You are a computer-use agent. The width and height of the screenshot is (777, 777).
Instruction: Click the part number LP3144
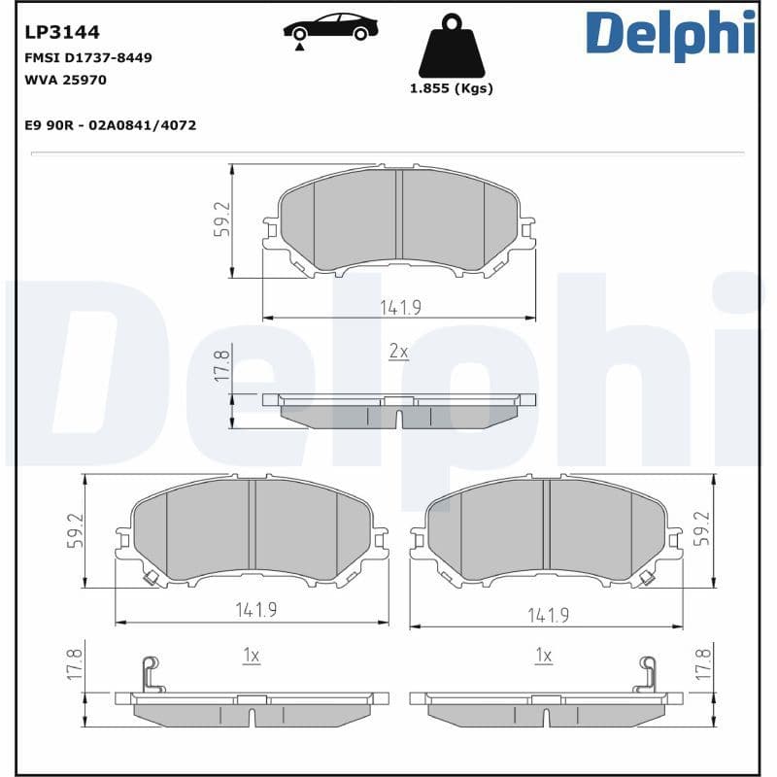[x=61, y=34]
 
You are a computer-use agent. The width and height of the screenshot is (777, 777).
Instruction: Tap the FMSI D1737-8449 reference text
[x=87, y=58]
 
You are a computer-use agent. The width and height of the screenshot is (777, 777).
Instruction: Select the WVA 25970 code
[x=65, y=81]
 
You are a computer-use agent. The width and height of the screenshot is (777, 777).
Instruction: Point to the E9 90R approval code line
[x=110, y=125]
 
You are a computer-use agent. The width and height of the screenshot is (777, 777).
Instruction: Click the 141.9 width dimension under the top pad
[x=399, y=307]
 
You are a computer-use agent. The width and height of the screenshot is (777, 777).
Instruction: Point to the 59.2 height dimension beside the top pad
[x=222, y=219]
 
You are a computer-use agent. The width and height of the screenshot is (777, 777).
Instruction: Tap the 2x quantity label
[x=398, y=352]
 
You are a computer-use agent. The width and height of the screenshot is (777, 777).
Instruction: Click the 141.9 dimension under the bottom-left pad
[x=255, y=610]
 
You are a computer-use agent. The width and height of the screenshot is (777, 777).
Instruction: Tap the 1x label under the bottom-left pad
[x=251, y=657]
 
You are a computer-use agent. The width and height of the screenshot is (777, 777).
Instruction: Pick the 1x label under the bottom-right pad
[x=544, y=657]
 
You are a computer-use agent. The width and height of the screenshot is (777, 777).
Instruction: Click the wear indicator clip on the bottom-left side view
[x=149, y=673]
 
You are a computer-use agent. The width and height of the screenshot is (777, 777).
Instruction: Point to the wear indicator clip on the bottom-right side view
[x=647, y=673]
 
